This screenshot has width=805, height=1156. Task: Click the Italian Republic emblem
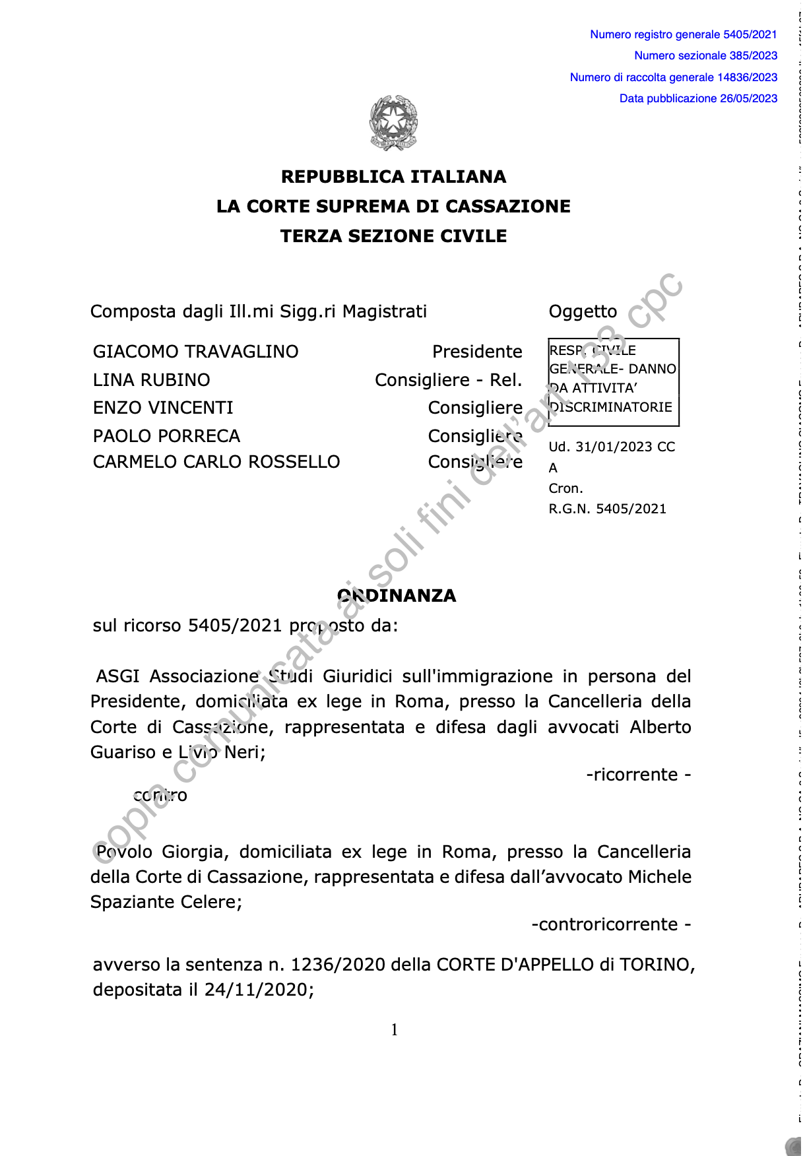pyautogui.click(x=394, y=123)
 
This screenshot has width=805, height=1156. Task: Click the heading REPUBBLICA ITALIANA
pyautogui.click(x=394, y=177)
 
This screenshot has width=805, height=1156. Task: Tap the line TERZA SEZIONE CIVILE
pyautogui.click(x=394, y=236)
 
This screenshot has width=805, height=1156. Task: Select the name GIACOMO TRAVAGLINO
pyautogui.click(x=195, y=352)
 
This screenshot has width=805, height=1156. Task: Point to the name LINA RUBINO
pyautogui.click(x=151, y=380)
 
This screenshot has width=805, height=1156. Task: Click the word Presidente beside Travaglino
pyautogui.click(x=477, y=352)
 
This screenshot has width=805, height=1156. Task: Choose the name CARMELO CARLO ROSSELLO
pyautogui.click(x=216, y=462)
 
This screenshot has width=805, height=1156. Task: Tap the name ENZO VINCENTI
pyautogui.click(x=163, y=408)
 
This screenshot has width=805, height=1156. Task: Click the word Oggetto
pyautogui.click(x=583, y=311)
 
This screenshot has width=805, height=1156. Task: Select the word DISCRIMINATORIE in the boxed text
pyautogui.click(x=612, y=407)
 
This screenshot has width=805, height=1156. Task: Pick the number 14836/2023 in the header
pyautogui.click(x=747, y=77)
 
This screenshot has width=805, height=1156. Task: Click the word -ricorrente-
pyautogui.click(x=638, y=775)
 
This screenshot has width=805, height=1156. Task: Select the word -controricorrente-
pyautogui.click(x=611, y=924)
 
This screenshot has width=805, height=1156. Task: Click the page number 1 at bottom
pyautogui.click(x=395, y=1030)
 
